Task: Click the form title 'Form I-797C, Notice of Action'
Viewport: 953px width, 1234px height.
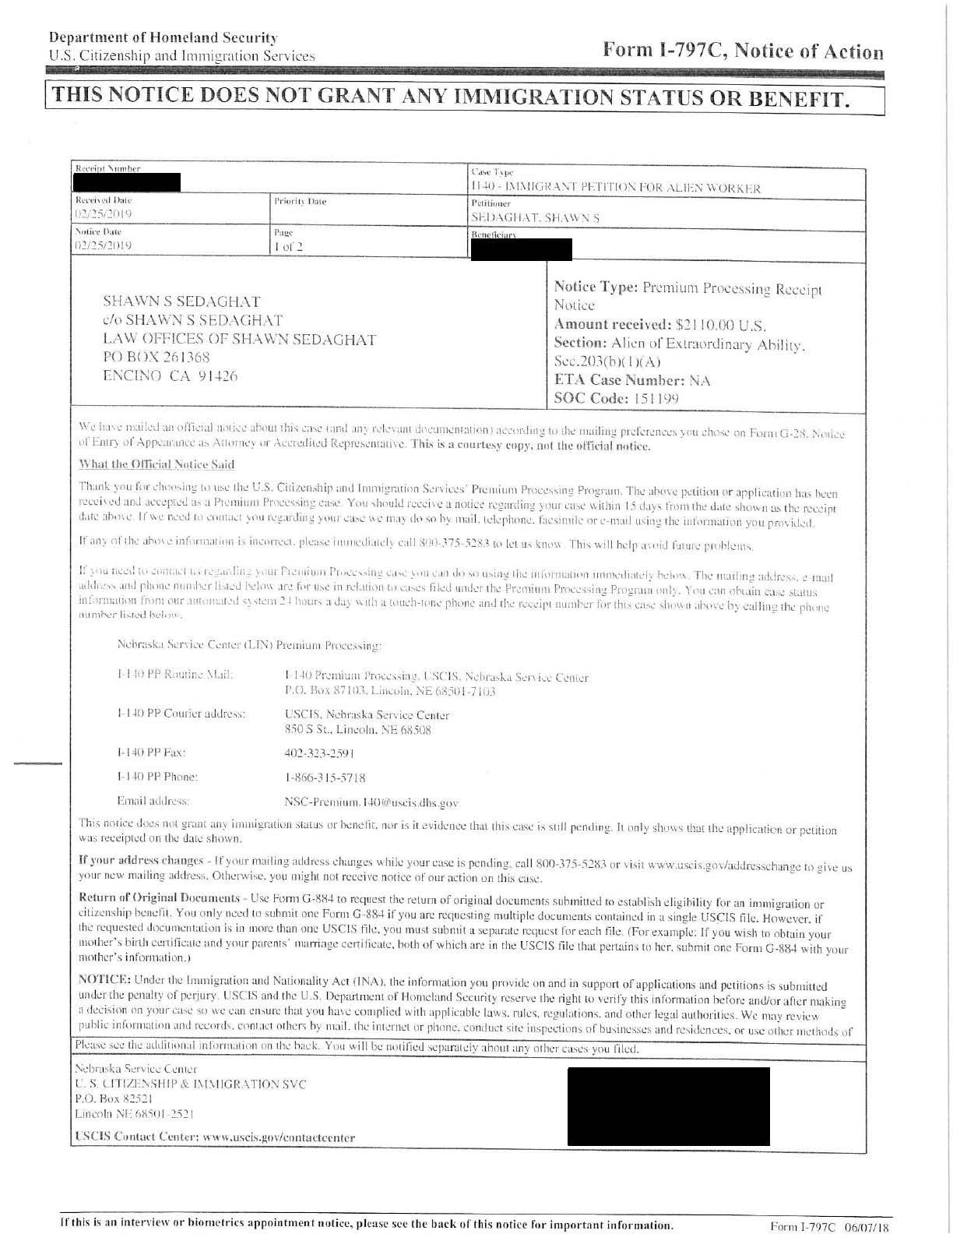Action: pos(743,51)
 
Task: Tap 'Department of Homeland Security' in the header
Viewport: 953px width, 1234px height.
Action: pos(163,37)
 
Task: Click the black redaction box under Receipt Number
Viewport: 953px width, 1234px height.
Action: pos(126,182)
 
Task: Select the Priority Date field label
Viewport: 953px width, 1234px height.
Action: pos(300,202)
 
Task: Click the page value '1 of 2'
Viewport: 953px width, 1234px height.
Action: pos(288,247)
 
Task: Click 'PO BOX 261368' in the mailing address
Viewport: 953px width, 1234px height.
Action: pos(156,358)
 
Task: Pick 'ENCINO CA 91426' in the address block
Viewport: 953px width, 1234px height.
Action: pos(171,375)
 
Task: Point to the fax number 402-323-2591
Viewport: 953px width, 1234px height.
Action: pos(319,753)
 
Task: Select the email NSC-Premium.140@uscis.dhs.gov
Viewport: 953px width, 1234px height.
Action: pos(371,802)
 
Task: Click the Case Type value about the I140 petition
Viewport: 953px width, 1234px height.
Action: pos(615,187)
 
